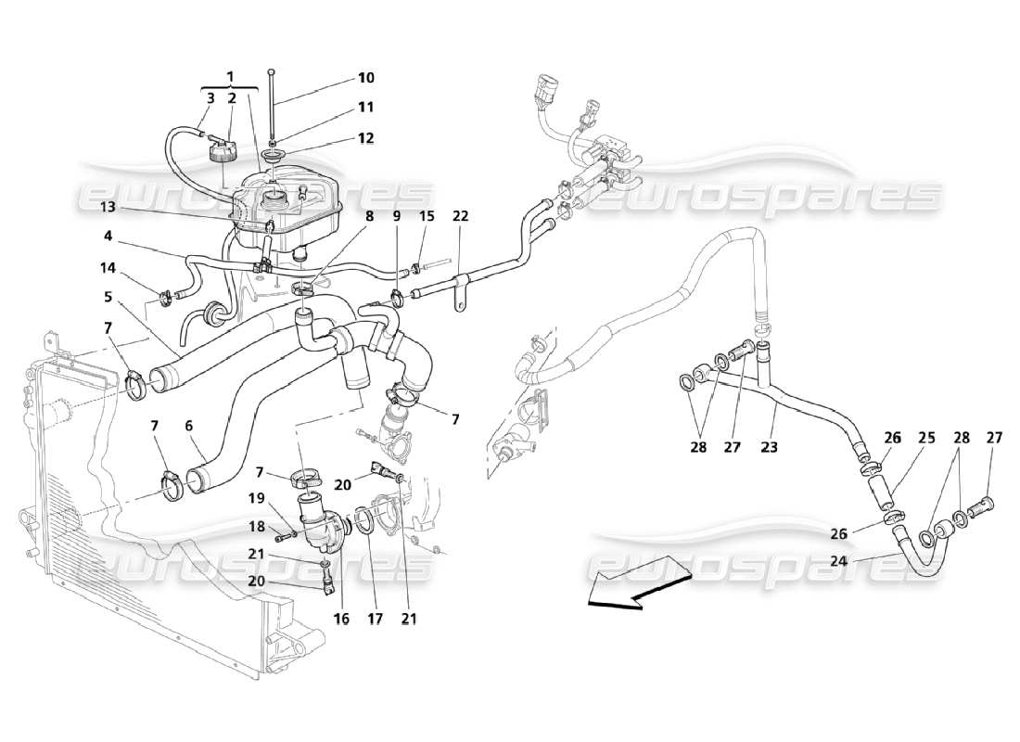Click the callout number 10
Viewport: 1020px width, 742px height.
pyautogui.click(x=366, y=78)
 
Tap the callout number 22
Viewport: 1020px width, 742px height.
pyautogui.click(x=461, y=216)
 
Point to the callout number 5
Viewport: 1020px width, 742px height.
pyautogui.click(x=108, y=298)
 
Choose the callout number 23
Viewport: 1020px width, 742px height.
pyautogui.click(x=770, y=447)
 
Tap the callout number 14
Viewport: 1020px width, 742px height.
pyautogui.click(x=108, y=267)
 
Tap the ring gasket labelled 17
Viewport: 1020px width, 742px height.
pyautogui.click(x=365, y=521)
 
